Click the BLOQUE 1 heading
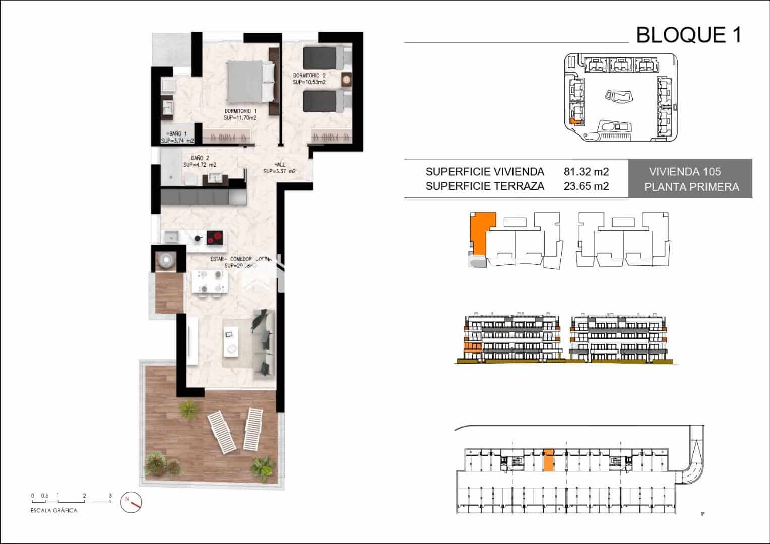(688, 35)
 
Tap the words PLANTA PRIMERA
(691, 187)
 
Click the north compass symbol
(132, 502)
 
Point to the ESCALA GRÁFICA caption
(54, 510)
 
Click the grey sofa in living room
(264, 343)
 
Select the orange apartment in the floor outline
(481, 232)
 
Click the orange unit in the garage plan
(548, 460)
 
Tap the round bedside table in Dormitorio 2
(347, 79)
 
